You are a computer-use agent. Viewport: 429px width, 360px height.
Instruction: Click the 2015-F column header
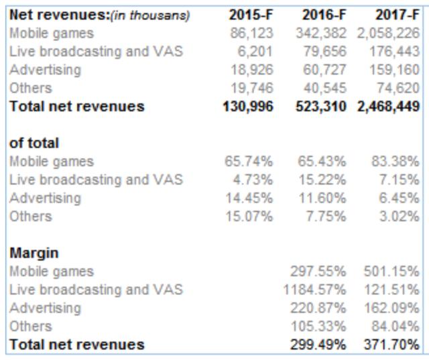click(251, 15)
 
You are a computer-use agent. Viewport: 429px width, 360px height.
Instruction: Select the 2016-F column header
click(324, 15)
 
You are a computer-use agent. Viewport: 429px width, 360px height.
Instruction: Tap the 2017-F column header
click(397, 15)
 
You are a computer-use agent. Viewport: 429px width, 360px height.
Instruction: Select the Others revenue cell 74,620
click(396, 88)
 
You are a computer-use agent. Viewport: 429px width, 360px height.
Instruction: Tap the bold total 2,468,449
click(387, 106)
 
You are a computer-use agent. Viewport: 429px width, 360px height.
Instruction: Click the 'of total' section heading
click(34, 143)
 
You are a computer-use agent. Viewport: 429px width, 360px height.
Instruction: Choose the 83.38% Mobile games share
click(395, 162)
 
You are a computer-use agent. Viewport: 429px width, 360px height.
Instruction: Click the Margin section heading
click(34, 253)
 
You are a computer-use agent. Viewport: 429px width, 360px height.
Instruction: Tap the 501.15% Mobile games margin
click(391, 272)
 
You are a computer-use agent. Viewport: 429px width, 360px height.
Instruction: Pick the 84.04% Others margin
click(395, 326)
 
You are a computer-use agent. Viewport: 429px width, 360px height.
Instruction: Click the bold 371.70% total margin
click(391, 345)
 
